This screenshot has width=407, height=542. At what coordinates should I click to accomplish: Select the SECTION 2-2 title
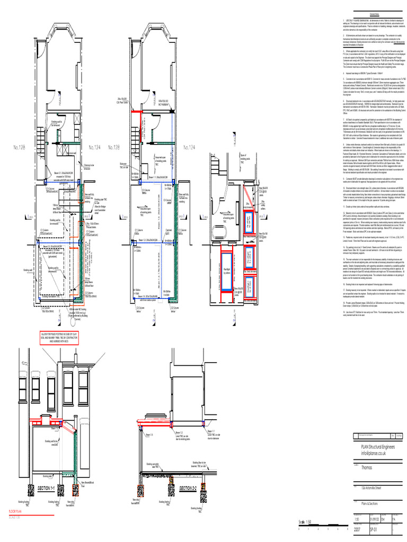(x=188, y=487)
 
